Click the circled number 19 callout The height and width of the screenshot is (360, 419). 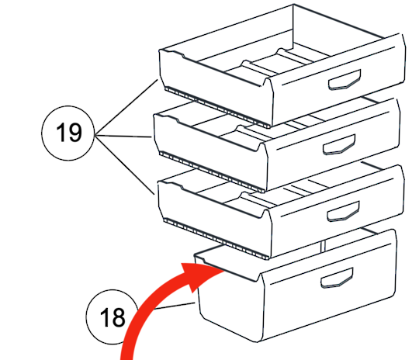tap(68, 133)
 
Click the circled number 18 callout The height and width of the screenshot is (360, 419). tap(113, 317)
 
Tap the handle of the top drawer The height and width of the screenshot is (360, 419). tap(345, 80)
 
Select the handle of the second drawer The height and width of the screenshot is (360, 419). tap(339, 144)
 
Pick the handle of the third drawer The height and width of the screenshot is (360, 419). tap(344, 211)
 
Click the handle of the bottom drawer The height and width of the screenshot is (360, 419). tap(337, 278)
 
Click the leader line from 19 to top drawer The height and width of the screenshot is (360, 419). tap(126, 107)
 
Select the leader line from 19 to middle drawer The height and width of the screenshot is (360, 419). tap(123, 137)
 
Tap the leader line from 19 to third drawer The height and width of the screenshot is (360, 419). tap(125, 165)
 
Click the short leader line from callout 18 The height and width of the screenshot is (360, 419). tap(175, 306)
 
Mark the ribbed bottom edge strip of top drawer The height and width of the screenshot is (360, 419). tap(217, 107)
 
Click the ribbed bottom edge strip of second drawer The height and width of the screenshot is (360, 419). tap(212, 171)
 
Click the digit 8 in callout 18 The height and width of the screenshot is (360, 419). tap(119, 317)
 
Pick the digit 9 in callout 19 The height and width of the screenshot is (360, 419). tap(74, 132)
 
